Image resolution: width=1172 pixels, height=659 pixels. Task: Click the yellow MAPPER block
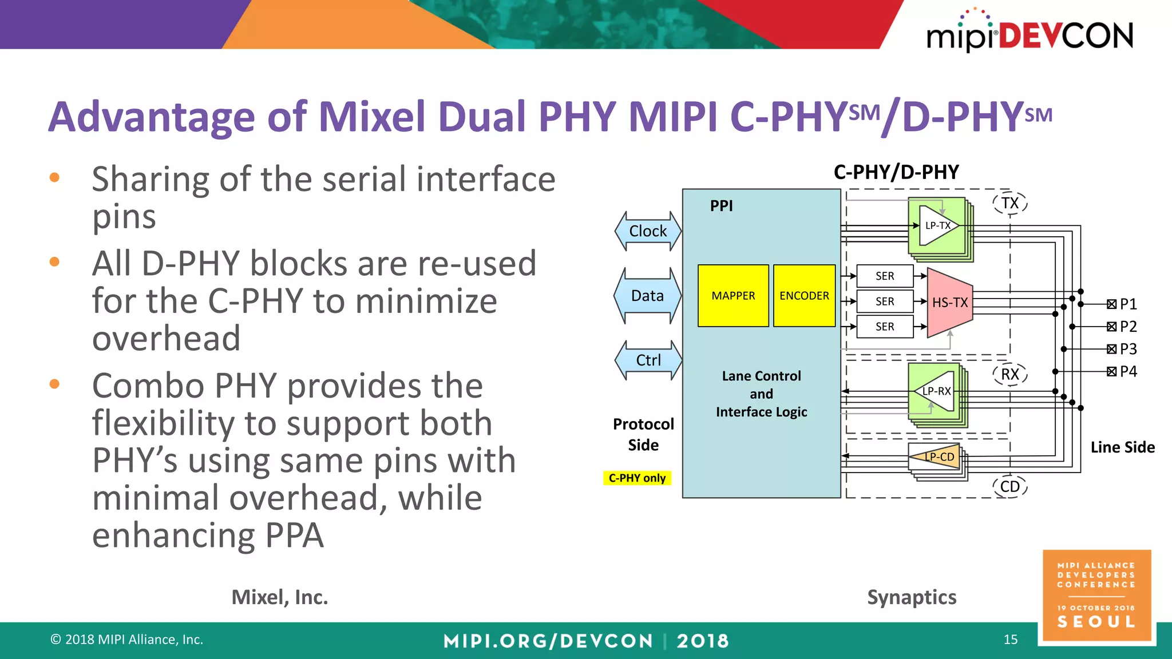point(733,296)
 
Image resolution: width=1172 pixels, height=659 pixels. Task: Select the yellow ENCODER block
point(804,296)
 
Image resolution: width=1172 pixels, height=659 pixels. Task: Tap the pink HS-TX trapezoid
point(949,303)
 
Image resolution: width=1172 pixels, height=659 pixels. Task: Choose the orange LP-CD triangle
point(937,456)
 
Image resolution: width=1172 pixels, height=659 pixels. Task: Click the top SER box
point(885,276)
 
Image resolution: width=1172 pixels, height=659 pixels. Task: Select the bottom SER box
point(885,327)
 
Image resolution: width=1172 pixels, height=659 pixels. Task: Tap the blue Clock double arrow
point(648,231)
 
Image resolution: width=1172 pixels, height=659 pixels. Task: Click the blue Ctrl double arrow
point(648,360)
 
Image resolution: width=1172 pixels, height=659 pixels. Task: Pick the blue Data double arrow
point(647,296)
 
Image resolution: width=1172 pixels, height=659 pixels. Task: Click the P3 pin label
point(1128,349)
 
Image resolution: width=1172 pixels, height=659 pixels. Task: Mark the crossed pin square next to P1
point(1111,304)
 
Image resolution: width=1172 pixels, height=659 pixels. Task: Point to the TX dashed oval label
point(1009,203)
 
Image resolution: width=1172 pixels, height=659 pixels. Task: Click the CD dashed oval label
point(1009,487)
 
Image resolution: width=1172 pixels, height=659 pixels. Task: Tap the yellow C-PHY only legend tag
point(637,478)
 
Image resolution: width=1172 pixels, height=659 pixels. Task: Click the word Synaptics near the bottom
point(912,597)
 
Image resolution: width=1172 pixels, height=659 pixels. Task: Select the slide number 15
point(1011,640)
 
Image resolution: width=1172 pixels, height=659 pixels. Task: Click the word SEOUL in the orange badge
point(1096,622)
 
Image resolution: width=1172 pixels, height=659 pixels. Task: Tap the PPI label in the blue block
point(721,206)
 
